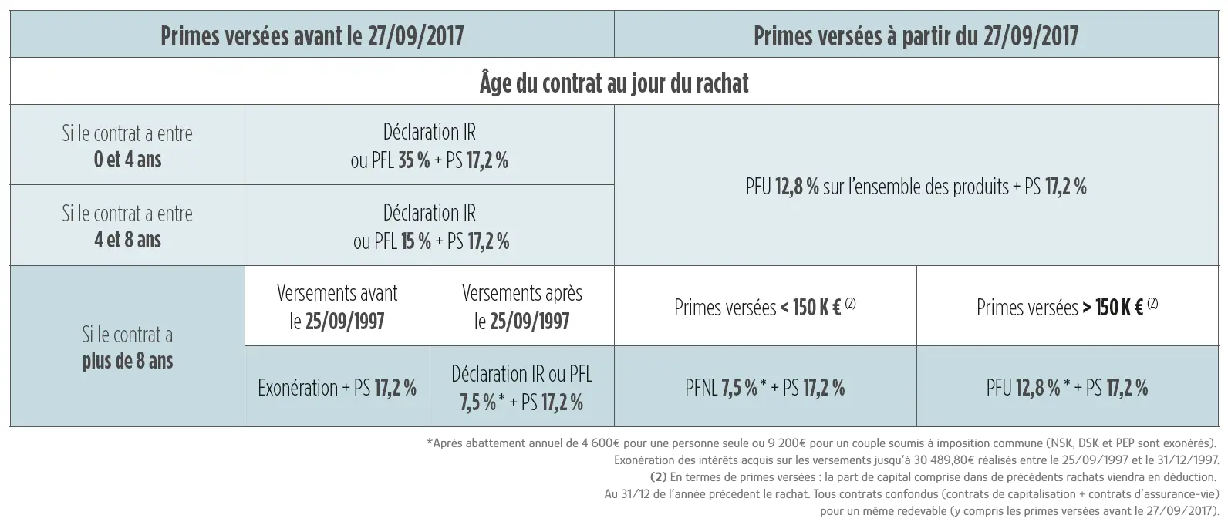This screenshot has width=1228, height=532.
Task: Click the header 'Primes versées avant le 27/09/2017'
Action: click(x=312, y=36)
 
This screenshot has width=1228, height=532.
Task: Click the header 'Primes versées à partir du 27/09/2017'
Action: click(x=916, y=36)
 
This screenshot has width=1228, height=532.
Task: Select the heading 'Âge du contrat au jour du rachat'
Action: click(x=614, y=82)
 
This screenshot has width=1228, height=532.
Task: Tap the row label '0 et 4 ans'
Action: click(x=127, y=160)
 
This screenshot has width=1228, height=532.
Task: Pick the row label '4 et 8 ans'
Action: click(x=127, y=240)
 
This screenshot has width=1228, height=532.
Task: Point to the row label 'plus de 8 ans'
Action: click(x=127, y=361)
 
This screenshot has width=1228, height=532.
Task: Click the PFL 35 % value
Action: click(x=413, y=161)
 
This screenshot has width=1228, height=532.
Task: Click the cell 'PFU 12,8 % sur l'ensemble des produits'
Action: click(x=916, y=186)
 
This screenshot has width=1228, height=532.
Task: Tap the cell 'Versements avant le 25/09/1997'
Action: click(x=337, y=306)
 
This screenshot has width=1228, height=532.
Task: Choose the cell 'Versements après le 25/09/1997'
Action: click(x=521, y=306)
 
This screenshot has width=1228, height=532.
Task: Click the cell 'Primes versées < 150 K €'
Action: click(x=764, y=307)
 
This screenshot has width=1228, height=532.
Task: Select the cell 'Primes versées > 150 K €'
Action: click(x=1067, y=307)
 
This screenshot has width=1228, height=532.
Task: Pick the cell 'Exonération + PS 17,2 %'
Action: click(x=337, y=387)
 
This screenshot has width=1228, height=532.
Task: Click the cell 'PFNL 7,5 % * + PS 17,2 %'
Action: click(x=764, y=387)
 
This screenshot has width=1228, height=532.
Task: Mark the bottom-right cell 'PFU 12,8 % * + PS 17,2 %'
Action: click(x=1067, y=387)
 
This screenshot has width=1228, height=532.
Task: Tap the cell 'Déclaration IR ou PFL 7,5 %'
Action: click(x=521, y=387)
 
